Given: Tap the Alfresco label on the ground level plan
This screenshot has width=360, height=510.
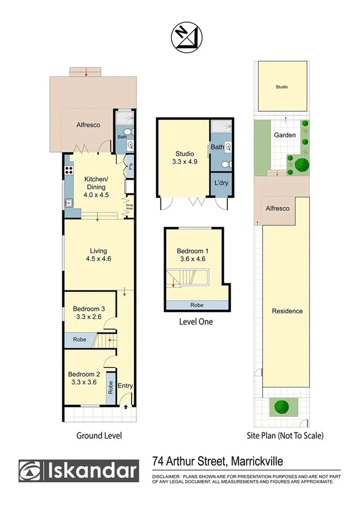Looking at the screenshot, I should pos(88,125).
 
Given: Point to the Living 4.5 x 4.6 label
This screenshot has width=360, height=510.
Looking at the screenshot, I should pos(98,254).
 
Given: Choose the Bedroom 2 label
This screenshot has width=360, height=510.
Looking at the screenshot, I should pos(84,376).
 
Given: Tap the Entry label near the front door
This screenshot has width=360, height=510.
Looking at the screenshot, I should pos(125,386).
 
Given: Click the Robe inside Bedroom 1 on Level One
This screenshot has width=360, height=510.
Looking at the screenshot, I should pos(196,305).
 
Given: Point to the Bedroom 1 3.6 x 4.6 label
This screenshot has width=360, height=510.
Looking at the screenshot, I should pos(192,256).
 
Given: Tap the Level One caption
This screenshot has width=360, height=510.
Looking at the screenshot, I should pos(196,322).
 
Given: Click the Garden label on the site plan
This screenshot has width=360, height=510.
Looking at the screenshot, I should pos(285,135).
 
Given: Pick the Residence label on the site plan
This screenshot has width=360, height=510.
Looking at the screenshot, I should pos(287,311).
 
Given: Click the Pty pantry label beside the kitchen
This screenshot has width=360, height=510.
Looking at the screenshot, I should pos(130,167).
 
